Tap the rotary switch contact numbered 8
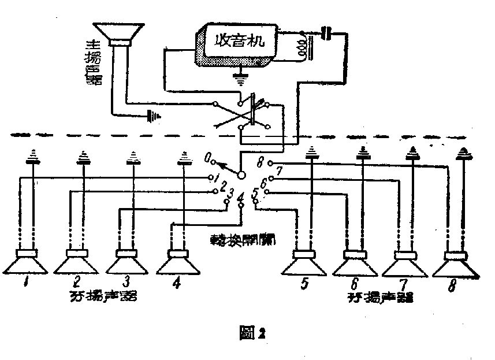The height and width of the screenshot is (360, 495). [x=270, y=164]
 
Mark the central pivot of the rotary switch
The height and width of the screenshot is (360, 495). [x=241, y=174]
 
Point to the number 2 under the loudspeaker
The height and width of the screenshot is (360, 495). [x=76, y=283]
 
